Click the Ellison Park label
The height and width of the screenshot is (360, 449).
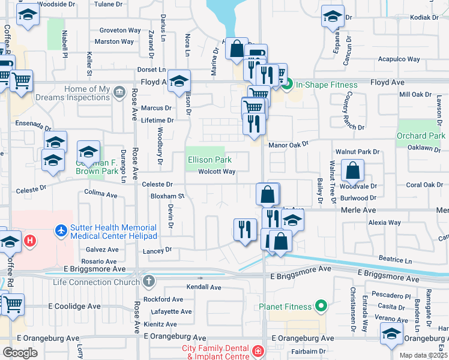pyautogui.click(x=210, y=160)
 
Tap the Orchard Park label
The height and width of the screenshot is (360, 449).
pyautogui.click(x=421, y=136)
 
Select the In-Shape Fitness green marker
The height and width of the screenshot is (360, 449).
pyautogui.click(x=287, y=85)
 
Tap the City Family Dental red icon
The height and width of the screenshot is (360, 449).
pyautogui.click(x=258, y=350)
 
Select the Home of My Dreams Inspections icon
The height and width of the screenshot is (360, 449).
pyautogui.click(x=119, y=92)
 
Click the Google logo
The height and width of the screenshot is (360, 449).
pyautogui.click(x=20, y=353)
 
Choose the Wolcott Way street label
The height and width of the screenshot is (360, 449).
pyautogui.click(x=217, y=172)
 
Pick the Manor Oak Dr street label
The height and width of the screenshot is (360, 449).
pyautogui.click(x=288, y=144)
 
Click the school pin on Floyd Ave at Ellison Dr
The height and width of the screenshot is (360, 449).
pyautogui.click(x=179, y=81)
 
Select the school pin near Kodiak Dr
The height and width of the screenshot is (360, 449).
pyautogui.click(x=332, y=17)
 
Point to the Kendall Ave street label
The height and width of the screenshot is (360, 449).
pyautogui.click(x=200, y=287)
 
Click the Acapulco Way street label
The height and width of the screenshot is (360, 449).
pyautogui.click(x=399, y=59)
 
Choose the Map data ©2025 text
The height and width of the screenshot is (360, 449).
pyautogui.click(x=423, y=355)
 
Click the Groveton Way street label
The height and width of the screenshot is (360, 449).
pyautogui.click(x=120, y=30)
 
